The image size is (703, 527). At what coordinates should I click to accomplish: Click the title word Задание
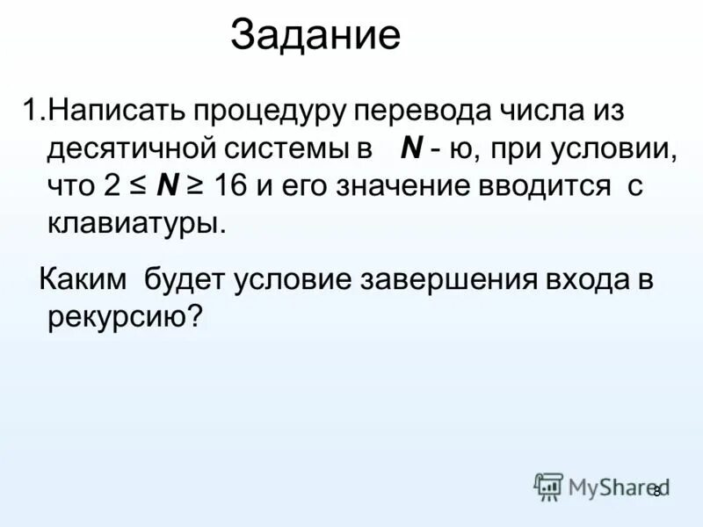click(x=315, y=37)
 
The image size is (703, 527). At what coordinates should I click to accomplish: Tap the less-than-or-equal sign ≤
click(x=136, y=187)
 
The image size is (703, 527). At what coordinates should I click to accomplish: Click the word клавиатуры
click(x=136, y=223)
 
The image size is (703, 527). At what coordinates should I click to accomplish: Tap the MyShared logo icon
click(x=548, y=486)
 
